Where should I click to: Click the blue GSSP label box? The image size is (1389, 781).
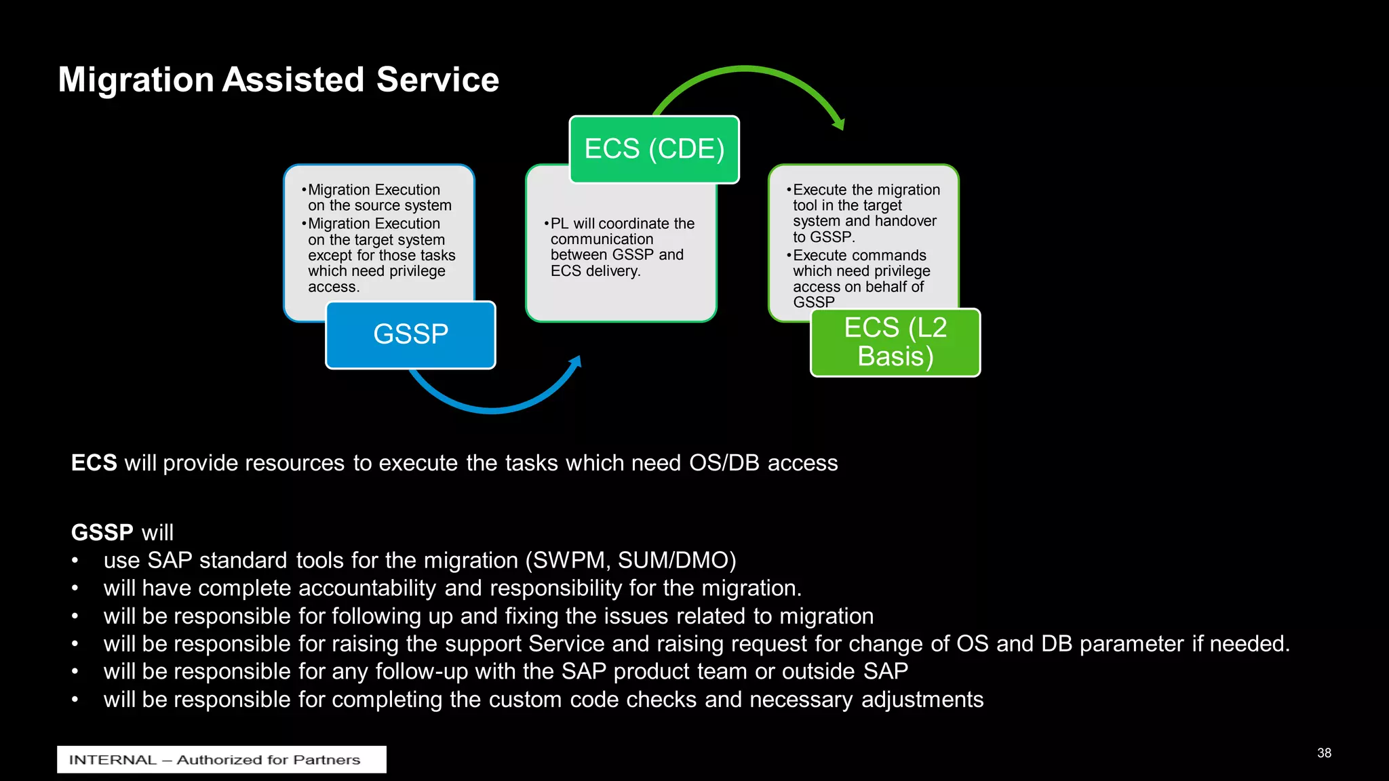(x=410, y=335)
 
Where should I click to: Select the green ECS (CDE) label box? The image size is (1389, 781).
(x=654, y=149)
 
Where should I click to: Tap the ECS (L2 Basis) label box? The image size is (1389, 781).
(x=895, y=342)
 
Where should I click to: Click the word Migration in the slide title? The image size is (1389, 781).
(x=136, y=80)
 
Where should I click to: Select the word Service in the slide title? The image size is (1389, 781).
(x=437, y=80)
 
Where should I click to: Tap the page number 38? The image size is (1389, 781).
(x=1324, y=753)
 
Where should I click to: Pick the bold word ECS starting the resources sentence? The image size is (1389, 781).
(x=94, y=463)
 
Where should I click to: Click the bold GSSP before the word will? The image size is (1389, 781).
(x=102, y=533)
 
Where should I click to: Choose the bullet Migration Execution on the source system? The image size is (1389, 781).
(x=378, y=197)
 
